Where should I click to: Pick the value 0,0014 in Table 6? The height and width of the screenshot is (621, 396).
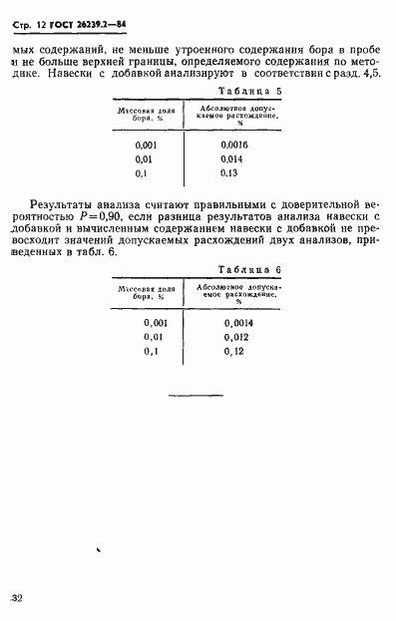239,323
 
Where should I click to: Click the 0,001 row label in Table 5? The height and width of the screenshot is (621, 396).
146,146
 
